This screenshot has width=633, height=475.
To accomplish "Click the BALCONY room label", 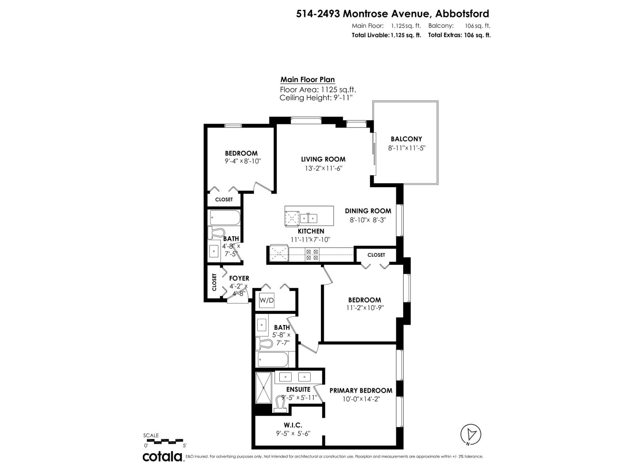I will click(406, 139).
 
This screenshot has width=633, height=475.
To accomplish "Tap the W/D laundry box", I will click(267, 300).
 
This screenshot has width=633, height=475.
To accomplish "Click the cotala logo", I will click(162, 456).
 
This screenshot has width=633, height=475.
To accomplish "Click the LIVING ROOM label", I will click(323, 159).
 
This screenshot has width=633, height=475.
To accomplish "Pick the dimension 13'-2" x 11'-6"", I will click(323, 168).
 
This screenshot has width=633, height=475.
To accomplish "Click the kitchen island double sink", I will click(309, 217).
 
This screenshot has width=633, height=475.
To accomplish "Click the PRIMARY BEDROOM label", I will click(361, 390).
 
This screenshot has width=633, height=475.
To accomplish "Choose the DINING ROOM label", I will click(368, 211).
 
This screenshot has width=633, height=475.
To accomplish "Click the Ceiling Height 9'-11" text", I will click(316, 98).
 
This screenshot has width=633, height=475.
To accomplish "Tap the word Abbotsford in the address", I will click(462, 14).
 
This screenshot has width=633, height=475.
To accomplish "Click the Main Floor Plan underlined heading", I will click(307, 80).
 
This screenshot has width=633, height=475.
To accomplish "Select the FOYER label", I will click(239, 278).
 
